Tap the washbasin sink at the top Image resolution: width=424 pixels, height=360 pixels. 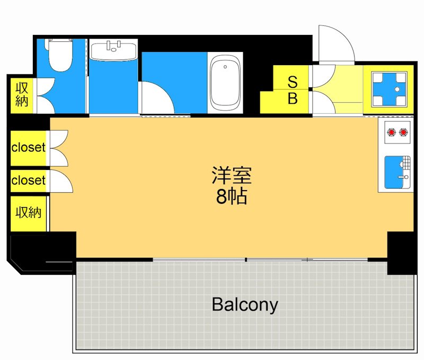point(113,51)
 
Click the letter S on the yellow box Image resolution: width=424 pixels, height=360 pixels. point(292,82)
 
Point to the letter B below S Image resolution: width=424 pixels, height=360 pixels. point(292,98)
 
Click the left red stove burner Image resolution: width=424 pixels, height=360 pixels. point(392,131)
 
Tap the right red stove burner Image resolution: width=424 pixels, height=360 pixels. point(404,131)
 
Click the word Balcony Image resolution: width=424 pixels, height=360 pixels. point(245,304)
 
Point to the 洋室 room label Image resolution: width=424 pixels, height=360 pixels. point(232,175)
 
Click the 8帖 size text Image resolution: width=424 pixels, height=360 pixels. point(232,197)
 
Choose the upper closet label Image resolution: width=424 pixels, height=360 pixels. point(29,147)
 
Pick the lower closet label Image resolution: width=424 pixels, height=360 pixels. point(29,181)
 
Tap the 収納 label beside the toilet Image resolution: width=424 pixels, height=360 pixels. point(21,94)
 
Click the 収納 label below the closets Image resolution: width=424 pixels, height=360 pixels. point(28,213)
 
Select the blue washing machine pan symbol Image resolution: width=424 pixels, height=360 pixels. point(388,89)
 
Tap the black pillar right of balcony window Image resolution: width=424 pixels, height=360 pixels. point(402,253)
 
